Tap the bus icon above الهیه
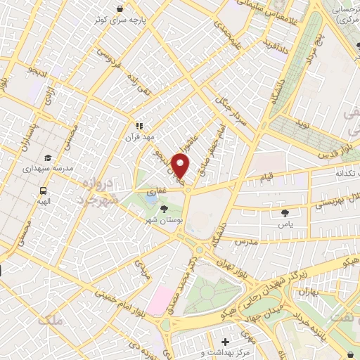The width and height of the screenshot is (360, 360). (x=44, y=191)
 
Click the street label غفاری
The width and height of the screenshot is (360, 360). (x=155, y=191)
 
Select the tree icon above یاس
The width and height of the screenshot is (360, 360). (x=285, y=212)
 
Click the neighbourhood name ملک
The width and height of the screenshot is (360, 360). (x=52, y=320)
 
